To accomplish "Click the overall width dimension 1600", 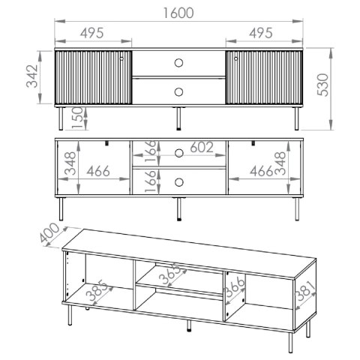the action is (178, 13).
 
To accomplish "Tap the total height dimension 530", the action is (323, 85).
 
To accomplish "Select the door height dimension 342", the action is (32, 76).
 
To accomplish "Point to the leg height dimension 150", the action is (77, 118).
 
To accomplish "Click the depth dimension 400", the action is (50, 232).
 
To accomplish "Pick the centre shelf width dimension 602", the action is (202, 148).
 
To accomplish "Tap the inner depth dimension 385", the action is (96, 290).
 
